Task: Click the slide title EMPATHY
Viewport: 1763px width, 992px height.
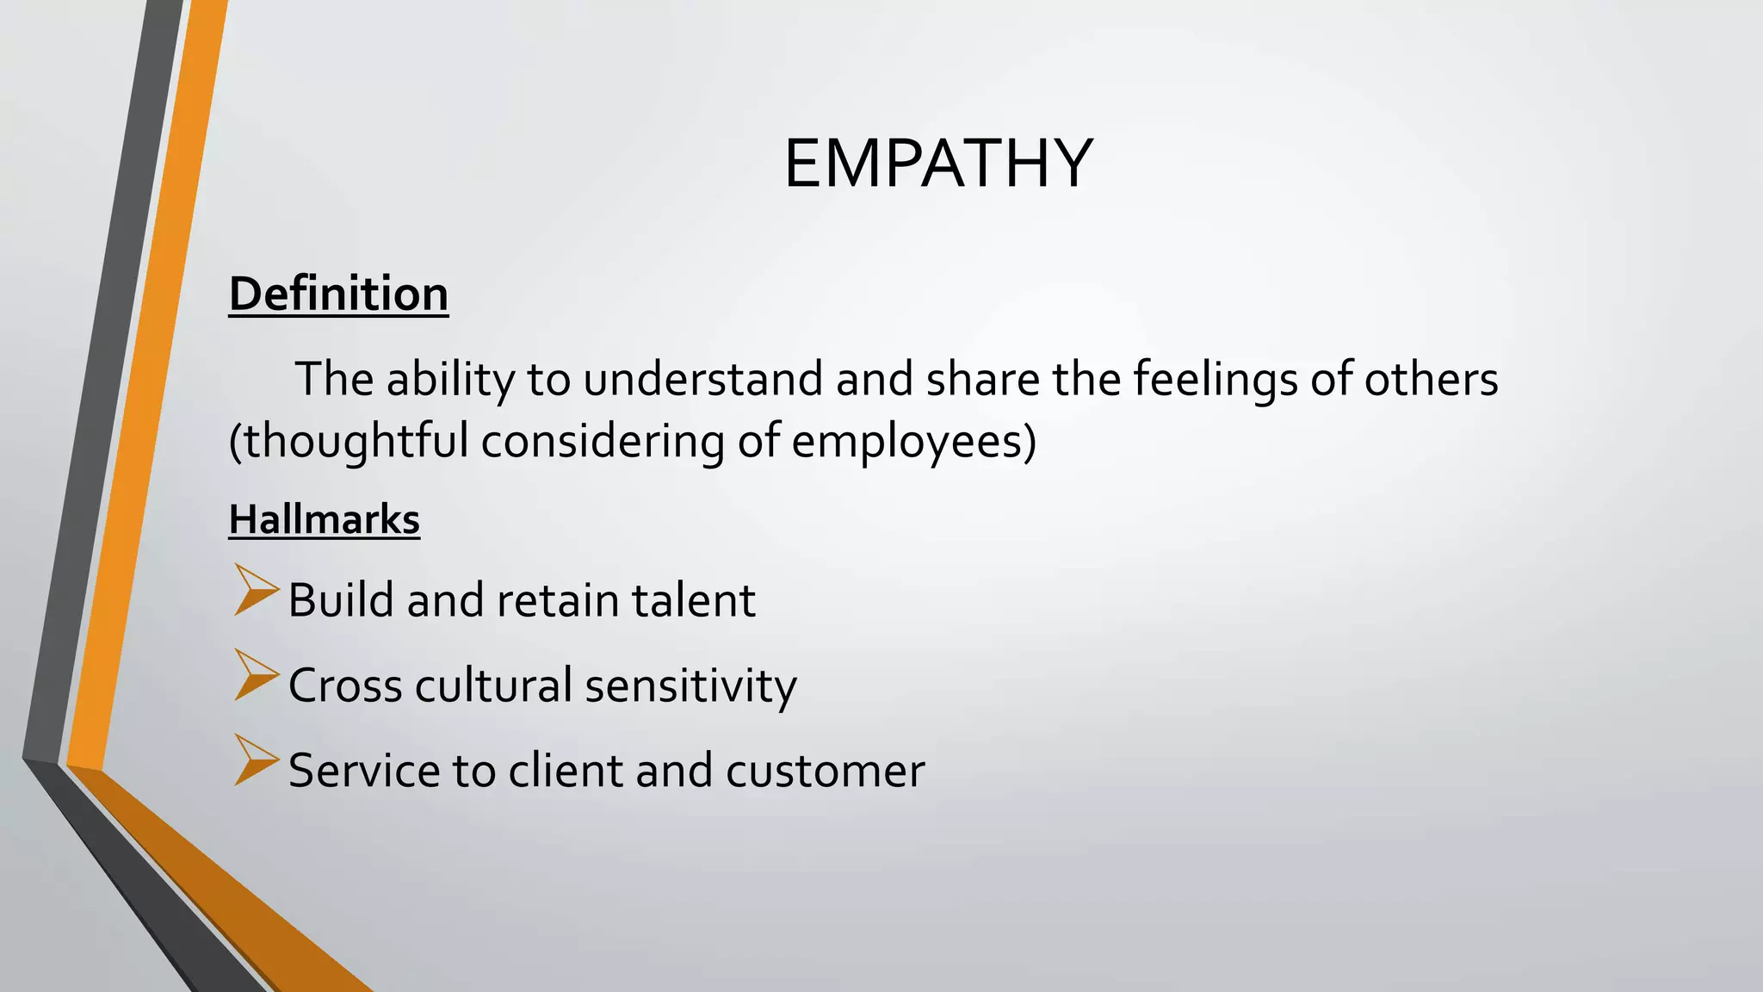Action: [938, 164]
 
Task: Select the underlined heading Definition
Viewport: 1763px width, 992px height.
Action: [338, 294]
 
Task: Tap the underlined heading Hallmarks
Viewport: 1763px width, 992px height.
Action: [324, 520]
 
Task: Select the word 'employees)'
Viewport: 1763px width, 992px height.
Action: [913, 442]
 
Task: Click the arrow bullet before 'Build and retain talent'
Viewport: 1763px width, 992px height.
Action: [256, 591]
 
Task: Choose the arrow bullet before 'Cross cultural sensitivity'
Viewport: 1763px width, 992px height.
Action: [256, 675]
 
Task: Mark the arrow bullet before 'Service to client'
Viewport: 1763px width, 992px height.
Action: [256, 760]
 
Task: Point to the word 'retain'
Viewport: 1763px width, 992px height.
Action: [558, 600]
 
